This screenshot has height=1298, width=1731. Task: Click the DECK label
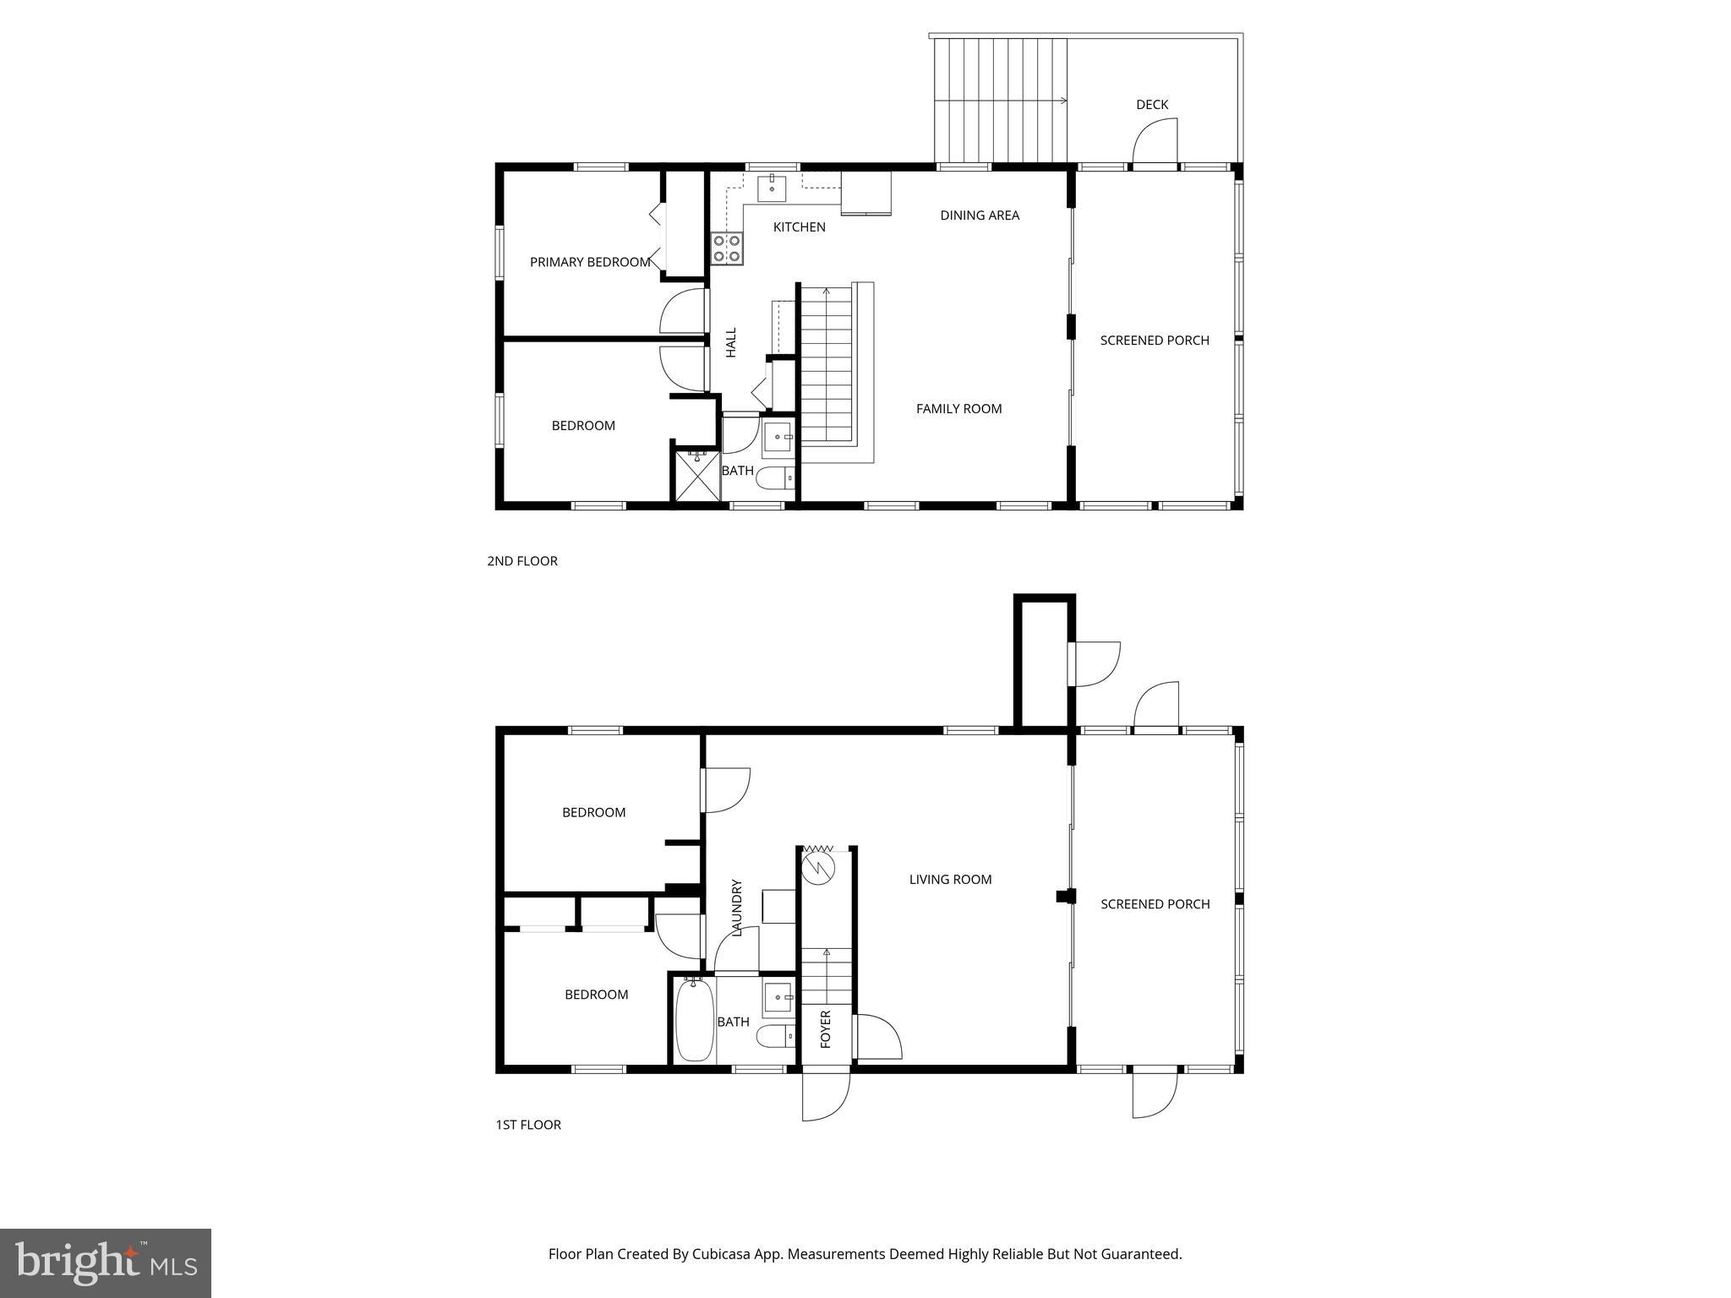click(1151, 105)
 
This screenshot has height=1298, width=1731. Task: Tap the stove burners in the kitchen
click(727, 248)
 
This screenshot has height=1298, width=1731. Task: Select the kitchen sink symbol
click(772, 188)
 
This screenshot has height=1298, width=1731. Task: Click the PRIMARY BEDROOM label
click(590, 262)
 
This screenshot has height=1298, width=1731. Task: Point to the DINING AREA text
click(980, 215)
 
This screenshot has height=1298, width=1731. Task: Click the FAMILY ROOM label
click(958, 409)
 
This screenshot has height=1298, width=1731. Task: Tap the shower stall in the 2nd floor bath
click(696, 477)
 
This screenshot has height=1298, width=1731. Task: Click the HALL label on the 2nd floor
click(731, 342)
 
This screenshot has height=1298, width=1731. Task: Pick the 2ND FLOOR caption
click(522, 561)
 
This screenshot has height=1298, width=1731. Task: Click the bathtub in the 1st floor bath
click(695, 1020)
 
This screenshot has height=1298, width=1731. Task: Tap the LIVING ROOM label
click(950, 880)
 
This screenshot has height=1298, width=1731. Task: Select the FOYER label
click(826, 1028)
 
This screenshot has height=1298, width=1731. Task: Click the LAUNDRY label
click(736, 908)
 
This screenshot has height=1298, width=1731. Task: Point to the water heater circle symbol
click(818, 868)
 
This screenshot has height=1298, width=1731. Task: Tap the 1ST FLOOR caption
click(528, 1125)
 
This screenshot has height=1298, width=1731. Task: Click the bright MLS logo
click(106, 1263)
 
